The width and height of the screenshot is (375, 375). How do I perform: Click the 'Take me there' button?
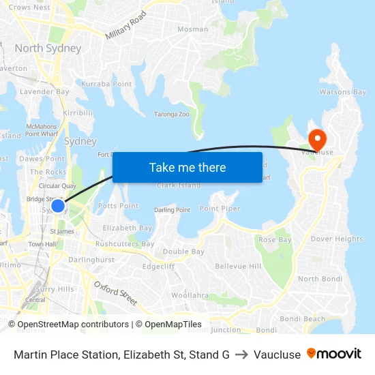pos(187,168)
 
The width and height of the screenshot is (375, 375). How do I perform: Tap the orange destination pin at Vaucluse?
pos(317,139)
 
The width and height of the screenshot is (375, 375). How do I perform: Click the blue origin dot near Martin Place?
pos(58,205)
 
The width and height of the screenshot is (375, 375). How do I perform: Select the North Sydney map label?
pos(48,48)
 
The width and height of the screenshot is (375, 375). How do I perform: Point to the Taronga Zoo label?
pos(171,115)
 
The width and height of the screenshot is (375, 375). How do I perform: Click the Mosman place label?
pos(192,29)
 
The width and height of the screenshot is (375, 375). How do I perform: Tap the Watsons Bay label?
pos(343,92)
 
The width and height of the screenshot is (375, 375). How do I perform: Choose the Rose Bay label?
pos(275,240)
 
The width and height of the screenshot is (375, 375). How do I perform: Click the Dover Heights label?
pos(337,239)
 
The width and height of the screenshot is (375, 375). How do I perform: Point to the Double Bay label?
pos(183,252)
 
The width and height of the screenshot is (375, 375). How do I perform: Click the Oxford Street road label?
pos(115,292)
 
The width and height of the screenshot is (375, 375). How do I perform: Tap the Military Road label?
pos(126,25)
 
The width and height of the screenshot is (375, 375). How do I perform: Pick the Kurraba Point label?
pos(106,84)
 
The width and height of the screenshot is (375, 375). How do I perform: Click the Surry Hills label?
pos(54,289)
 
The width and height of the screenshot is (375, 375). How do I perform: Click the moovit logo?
pos(334,354)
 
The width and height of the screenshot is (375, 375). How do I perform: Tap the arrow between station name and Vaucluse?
pos(241,355)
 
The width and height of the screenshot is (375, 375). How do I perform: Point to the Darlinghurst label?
pos(91,260)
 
